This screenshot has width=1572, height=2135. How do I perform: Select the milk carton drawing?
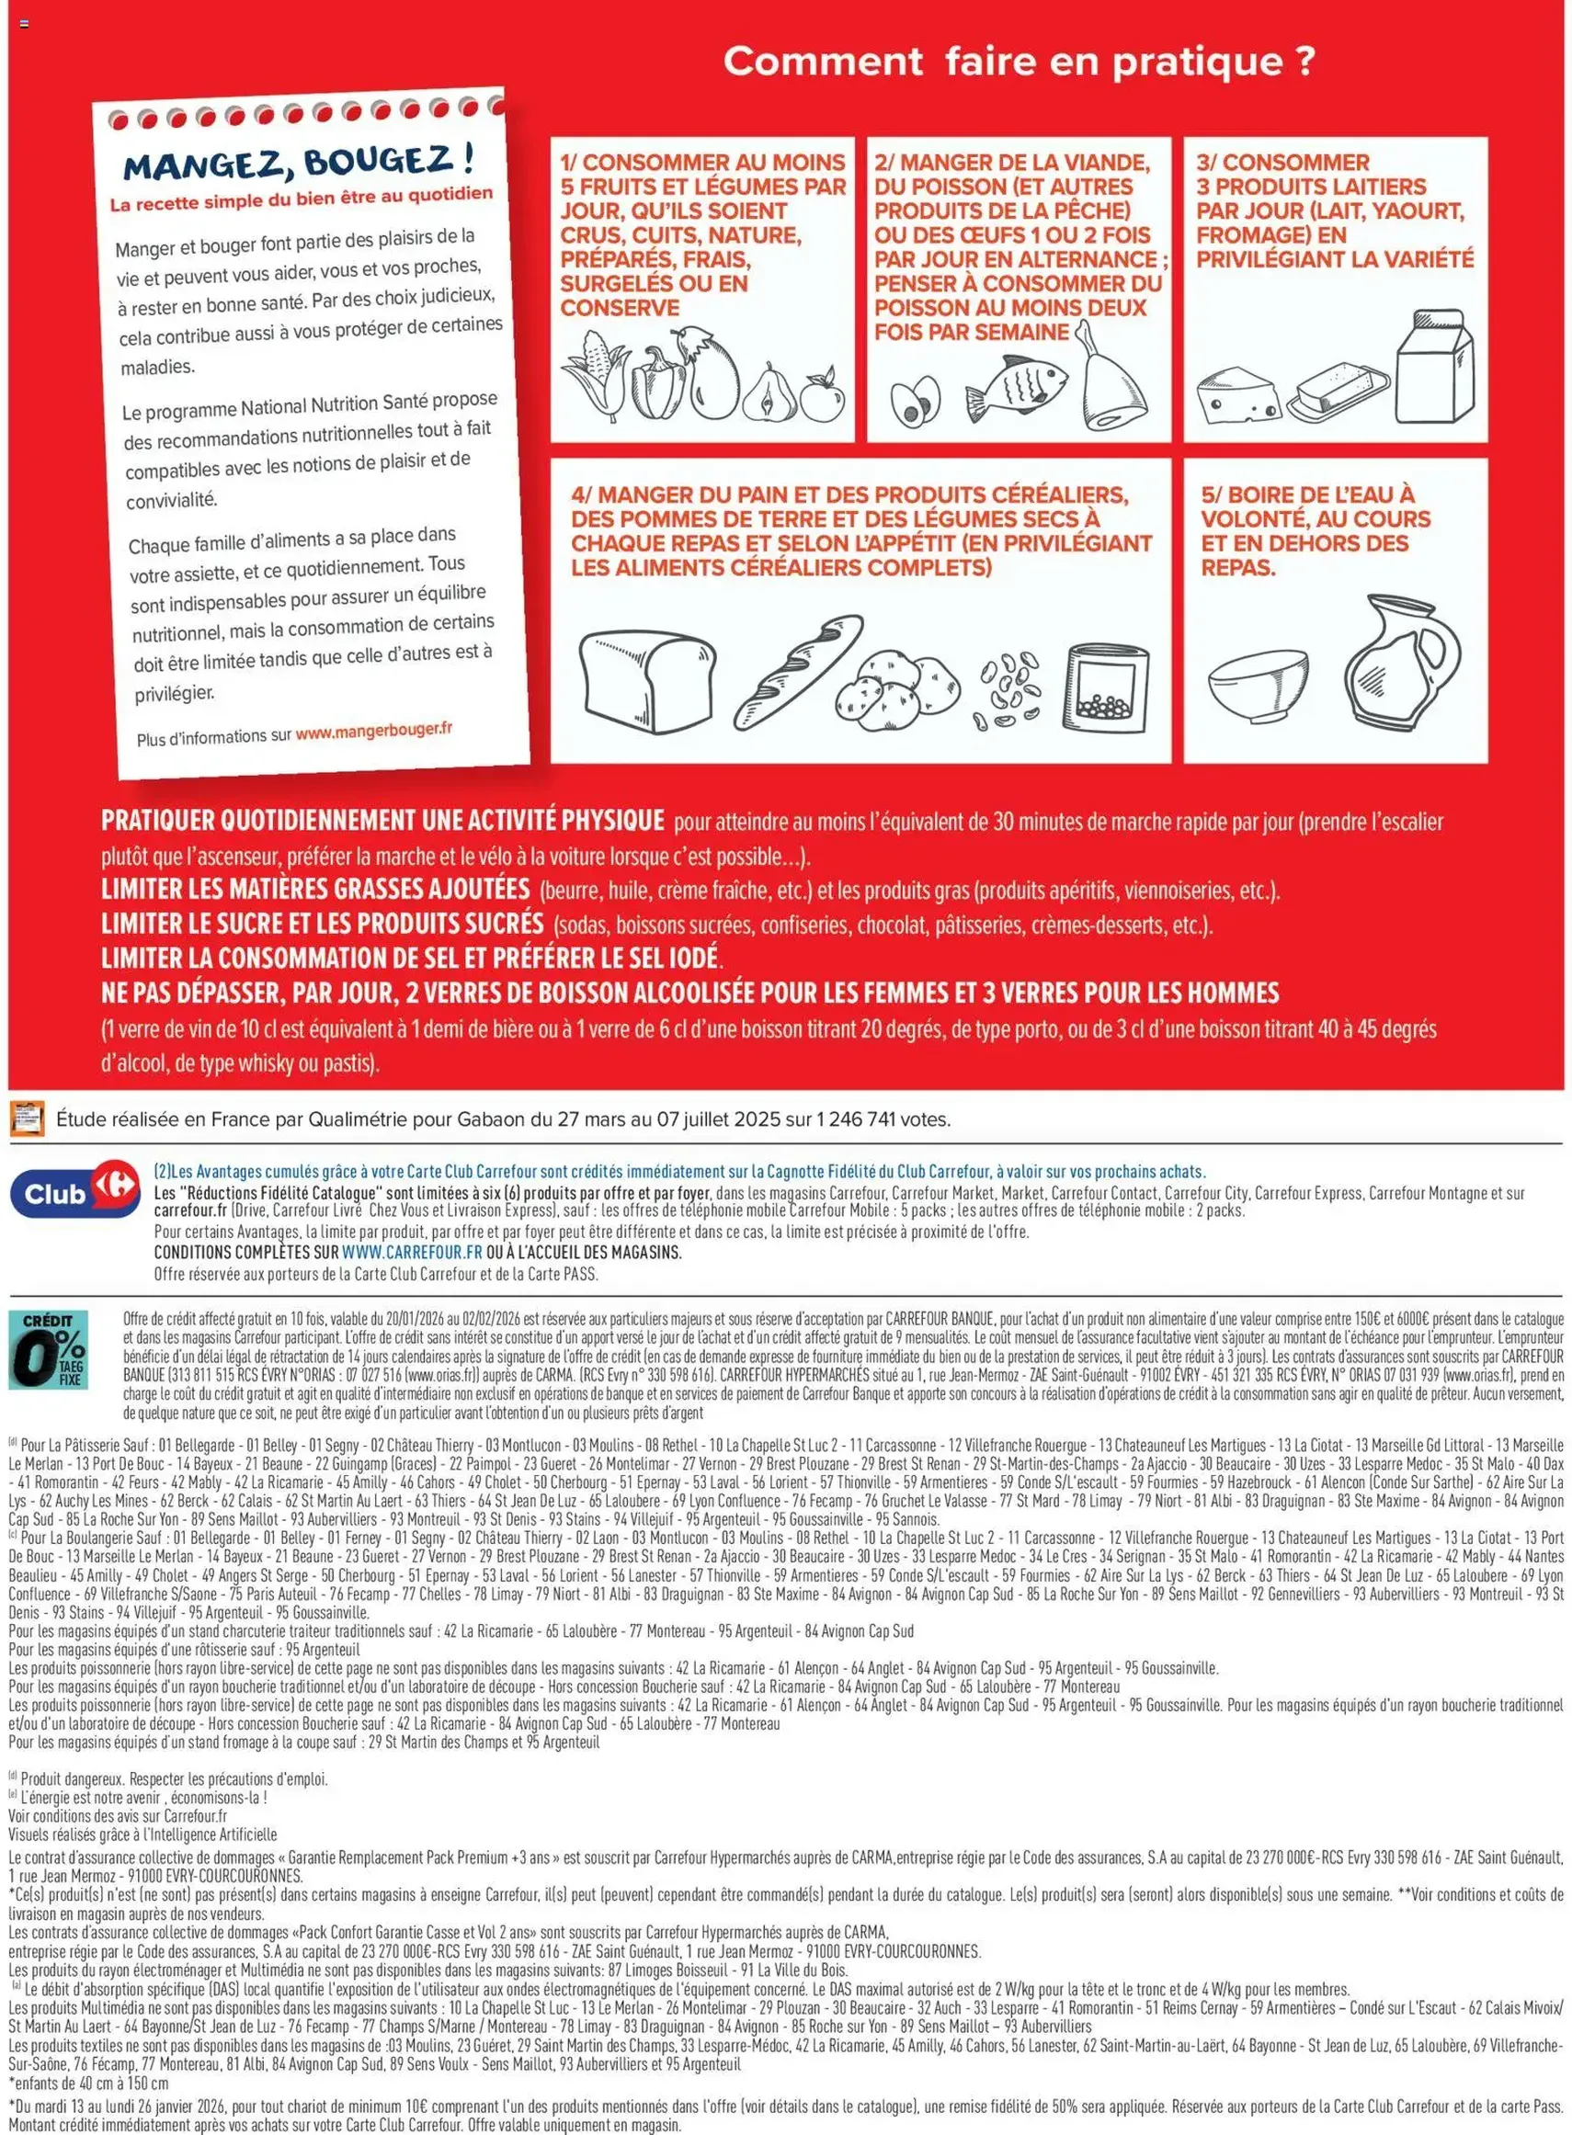pos(1434,367)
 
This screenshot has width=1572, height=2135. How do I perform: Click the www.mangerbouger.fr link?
pos(374,731)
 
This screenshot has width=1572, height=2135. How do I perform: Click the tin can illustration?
pos(1108,684)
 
